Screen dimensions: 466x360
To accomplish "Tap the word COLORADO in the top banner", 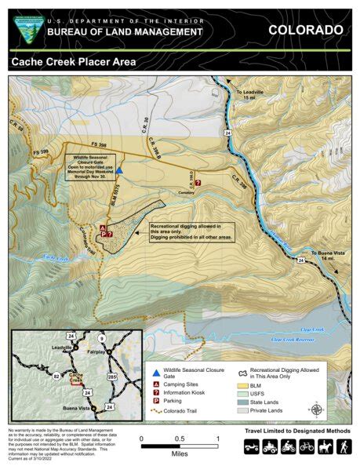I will click(x=305, y=30).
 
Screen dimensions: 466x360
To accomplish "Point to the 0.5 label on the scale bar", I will click(x=179, y=438).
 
